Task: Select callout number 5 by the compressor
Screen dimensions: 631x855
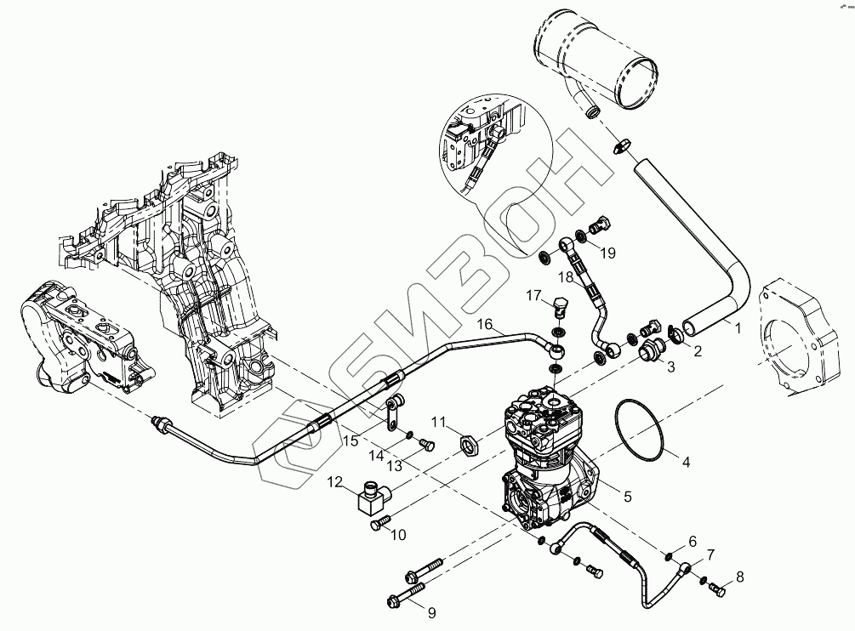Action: pos(627,496)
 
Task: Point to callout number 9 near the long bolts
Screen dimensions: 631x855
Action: pos(431,611)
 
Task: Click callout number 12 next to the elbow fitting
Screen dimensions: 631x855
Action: pos(336,482)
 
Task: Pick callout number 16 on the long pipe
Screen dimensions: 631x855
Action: pos(484,324)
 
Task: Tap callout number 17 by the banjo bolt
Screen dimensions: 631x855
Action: pos(533,295)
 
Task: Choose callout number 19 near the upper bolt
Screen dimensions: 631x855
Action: pos(607,253)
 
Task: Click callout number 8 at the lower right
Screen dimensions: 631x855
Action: pos(739,577)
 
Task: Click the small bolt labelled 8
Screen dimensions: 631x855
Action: pos(716,586)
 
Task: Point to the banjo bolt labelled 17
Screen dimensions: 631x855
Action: pos(559,307)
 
